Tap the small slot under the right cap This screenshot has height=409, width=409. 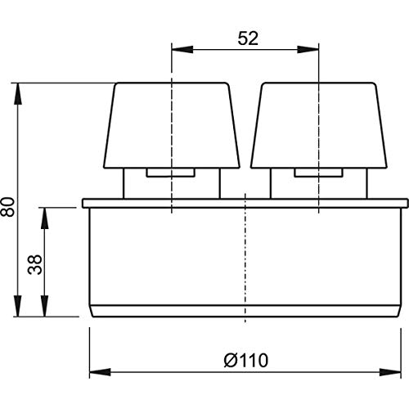click(317, 173)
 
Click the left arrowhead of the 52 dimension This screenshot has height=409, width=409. click(178, 47)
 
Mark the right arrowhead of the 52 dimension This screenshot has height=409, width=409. click(312, 47)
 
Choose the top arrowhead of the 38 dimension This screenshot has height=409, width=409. click(47, 213)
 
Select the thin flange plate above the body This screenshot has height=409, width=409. click(245, 203)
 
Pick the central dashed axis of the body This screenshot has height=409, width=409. click(245, 262)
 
